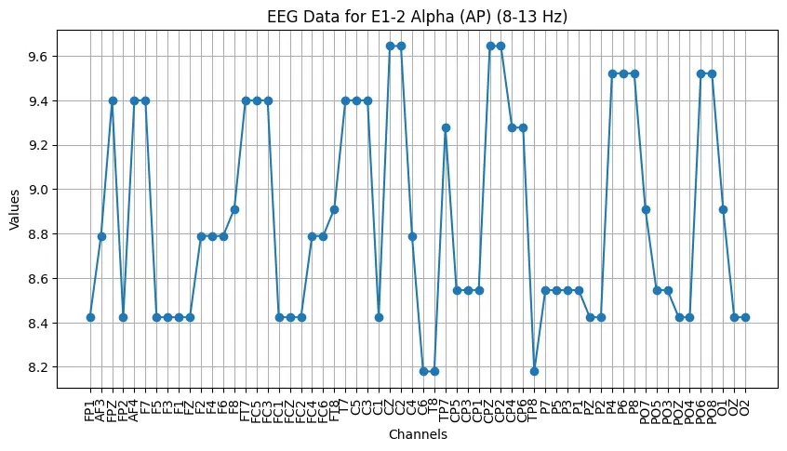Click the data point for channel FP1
click(90, 317)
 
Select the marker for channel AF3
click(101, 236)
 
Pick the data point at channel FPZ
click(113, 100)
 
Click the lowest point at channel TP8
click(534, 371)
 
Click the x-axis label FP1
click(90, 409)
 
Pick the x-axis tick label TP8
click(534, 409)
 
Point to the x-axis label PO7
click(645, 409)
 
